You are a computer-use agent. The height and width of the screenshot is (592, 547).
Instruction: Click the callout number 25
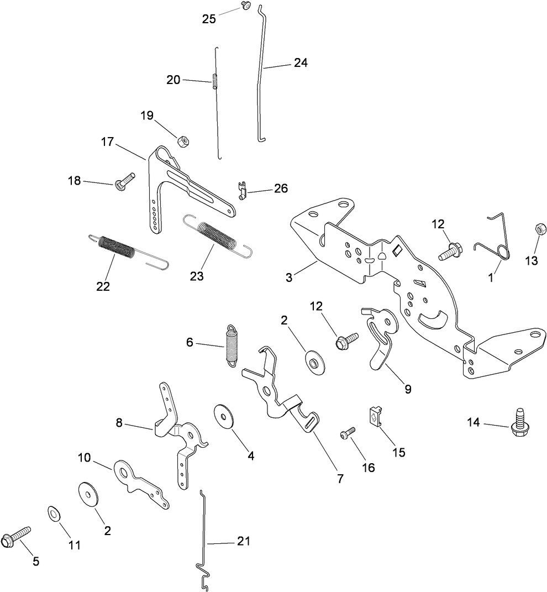[209, 18]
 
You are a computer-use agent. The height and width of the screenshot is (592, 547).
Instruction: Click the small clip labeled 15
[376, 415]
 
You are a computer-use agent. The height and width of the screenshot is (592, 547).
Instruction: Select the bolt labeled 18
[125, 181]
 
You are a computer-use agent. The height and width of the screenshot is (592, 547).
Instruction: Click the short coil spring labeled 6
[232, 344]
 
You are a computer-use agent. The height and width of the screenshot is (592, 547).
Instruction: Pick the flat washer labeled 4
[224, 415]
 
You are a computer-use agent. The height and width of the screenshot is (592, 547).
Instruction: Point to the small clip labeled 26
[241, 190]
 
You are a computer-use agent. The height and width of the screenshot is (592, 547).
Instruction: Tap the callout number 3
[289, 276]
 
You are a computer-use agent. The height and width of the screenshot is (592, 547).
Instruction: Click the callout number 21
[243, 541]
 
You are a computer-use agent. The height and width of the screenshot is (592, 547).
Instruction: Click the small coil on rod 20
[215, 81]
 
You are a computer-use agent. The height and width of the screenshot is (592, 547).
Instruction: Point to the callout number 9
[408, 389]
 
